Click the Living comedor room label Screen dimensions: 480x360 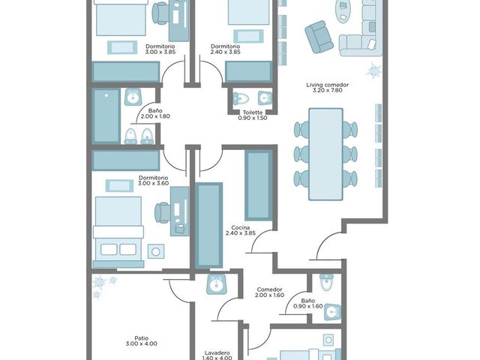coord(327,85)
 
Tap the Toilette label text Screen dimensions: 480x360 coord(253,112)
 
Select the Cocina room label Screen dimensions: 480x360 coord(241,228)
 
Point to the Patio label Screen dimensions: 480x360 coord(142,338)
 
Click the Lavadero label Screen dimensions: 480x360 coord(217,353)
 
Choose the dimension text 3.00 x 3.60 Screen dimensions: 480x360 coord(153,183)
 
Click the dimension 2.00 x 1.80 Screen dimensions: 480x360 coord(155,116)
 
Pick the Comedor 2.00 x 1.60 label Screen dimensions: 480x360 coord(269,292)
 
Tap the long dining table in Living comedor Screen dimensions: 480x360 coord(325,154)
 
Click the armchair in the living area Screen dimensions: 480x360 coord(319,37)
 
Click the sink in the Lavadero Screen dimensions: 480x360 coord(217,284)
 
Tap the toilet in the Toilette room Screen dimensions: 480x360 coord(241,98)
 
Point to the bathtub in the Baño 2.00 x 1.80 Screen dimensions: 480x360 coord(106,116)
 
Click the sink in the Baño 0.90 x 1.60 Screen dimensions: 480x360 coord(332,312)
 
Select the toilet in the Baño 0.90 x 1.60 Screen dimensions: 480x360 coord(326,282)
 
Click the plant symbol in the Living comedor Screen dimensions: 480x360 coord(374,70)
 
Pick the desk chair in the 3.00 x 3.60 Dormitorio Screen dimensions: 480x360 coord(162,212)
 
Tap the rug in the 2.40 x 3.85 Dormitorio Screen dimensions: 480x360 coord(248,36)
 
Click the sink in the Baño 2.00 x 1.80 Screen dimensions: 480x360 coord(133,97)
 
